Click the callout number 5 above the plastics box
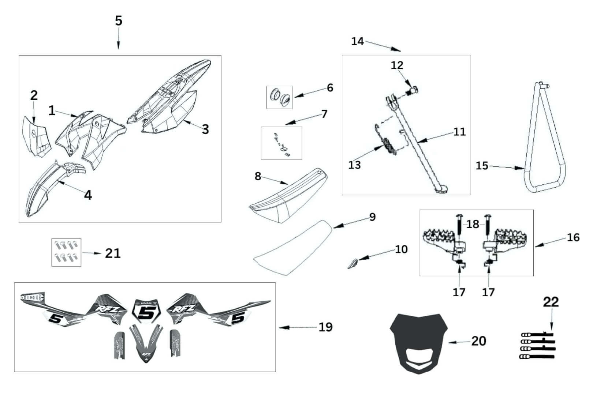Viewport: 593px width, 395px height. pyautogui.click(x=118, y=21)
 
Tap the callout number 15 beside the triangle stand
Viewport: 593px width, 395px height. pyautogui.click(x=482, y=166)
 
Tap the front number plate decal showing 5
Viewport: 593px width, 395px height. pyautogui.click(x=146, y=312)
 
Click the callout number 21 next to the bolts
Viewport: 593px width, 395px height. pyautogui.click(x=113, y=253)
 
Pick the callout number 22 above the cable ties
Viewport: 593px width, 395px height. pyautogui.click(x=551, y=302)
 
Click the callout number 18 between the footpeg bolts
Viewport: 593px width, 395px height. pyautogui.click(x=473, y=224)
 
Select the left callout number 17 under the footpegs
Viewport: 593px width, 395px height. pyautogui.click(x=459, y=292)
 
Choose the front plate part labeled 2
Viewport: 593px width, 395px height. pyautogui.click(x=36, y=135)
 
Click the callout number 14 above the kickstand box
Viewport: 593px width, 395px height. pyautogui.click(x=357, y=41)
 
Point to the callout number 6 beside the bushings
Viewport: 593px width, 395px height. pyautogui.click(x=330, y=88)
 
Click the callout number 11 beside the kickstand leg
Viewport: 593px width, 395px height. pyautogui.click(x=459, y=132)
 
